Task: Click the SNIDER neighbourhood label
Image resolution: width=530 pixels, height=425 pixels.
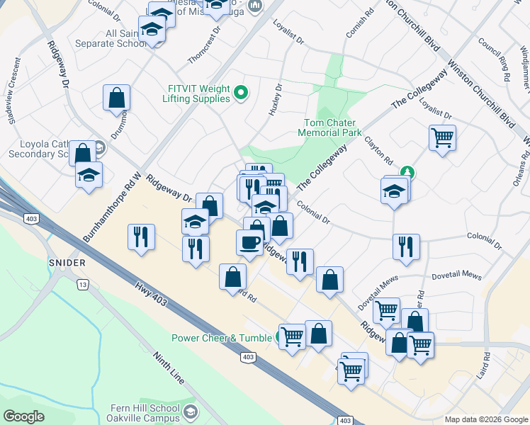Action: pos(68,263)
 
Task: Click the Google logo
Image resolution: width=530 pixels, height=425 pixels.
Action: pos(23,416)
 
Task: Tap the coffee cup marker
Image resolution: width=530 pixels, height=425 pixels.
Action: pos(249,243)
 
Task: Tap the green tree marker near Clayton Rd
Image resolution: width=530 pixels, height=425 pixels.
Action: pos(407,171)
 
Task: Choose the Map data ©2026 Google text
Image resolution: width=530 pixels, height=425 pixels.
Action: pos(485,419)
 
